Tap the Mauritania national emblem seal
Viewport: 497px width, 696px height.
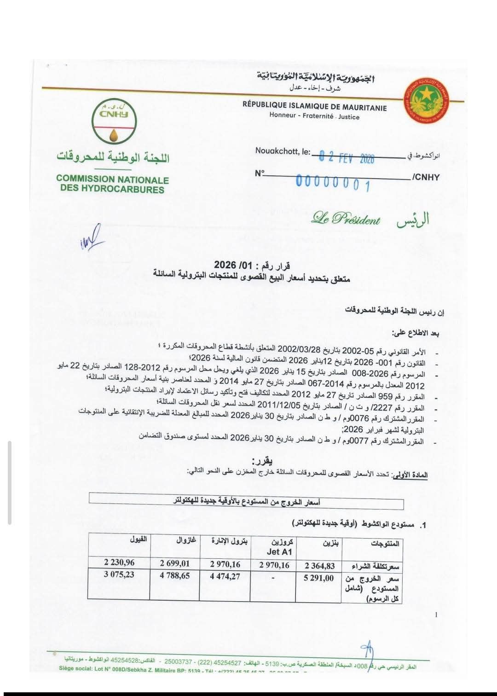pos(427,101)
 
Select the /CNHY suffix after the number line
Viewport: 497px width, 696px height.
pos(426,177)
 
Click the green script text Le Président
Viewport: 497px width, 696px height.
pos(346,218)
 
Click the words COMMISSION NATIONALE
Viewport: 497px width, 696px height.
pos(112,179)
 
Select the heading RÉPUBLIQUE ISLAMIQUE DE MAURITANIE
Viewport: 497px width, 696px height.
pos(314,106)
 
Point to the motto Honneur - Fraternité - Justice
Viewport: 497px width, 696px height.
pos(314,116)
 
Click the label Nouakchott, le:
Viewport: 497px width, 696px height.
pos(283,151)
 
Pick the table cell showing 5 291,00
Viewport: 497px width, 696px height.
pos(318,578)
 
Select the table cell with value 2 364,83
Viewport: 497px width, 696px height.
pos(319,566)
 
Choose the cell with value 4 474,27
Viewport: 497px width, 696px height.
pos(225,576)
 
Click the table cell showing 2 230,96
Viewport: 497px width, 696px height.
pos(119,562)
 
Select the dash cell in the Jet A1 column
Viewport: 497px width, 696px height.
pos(273,577)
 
